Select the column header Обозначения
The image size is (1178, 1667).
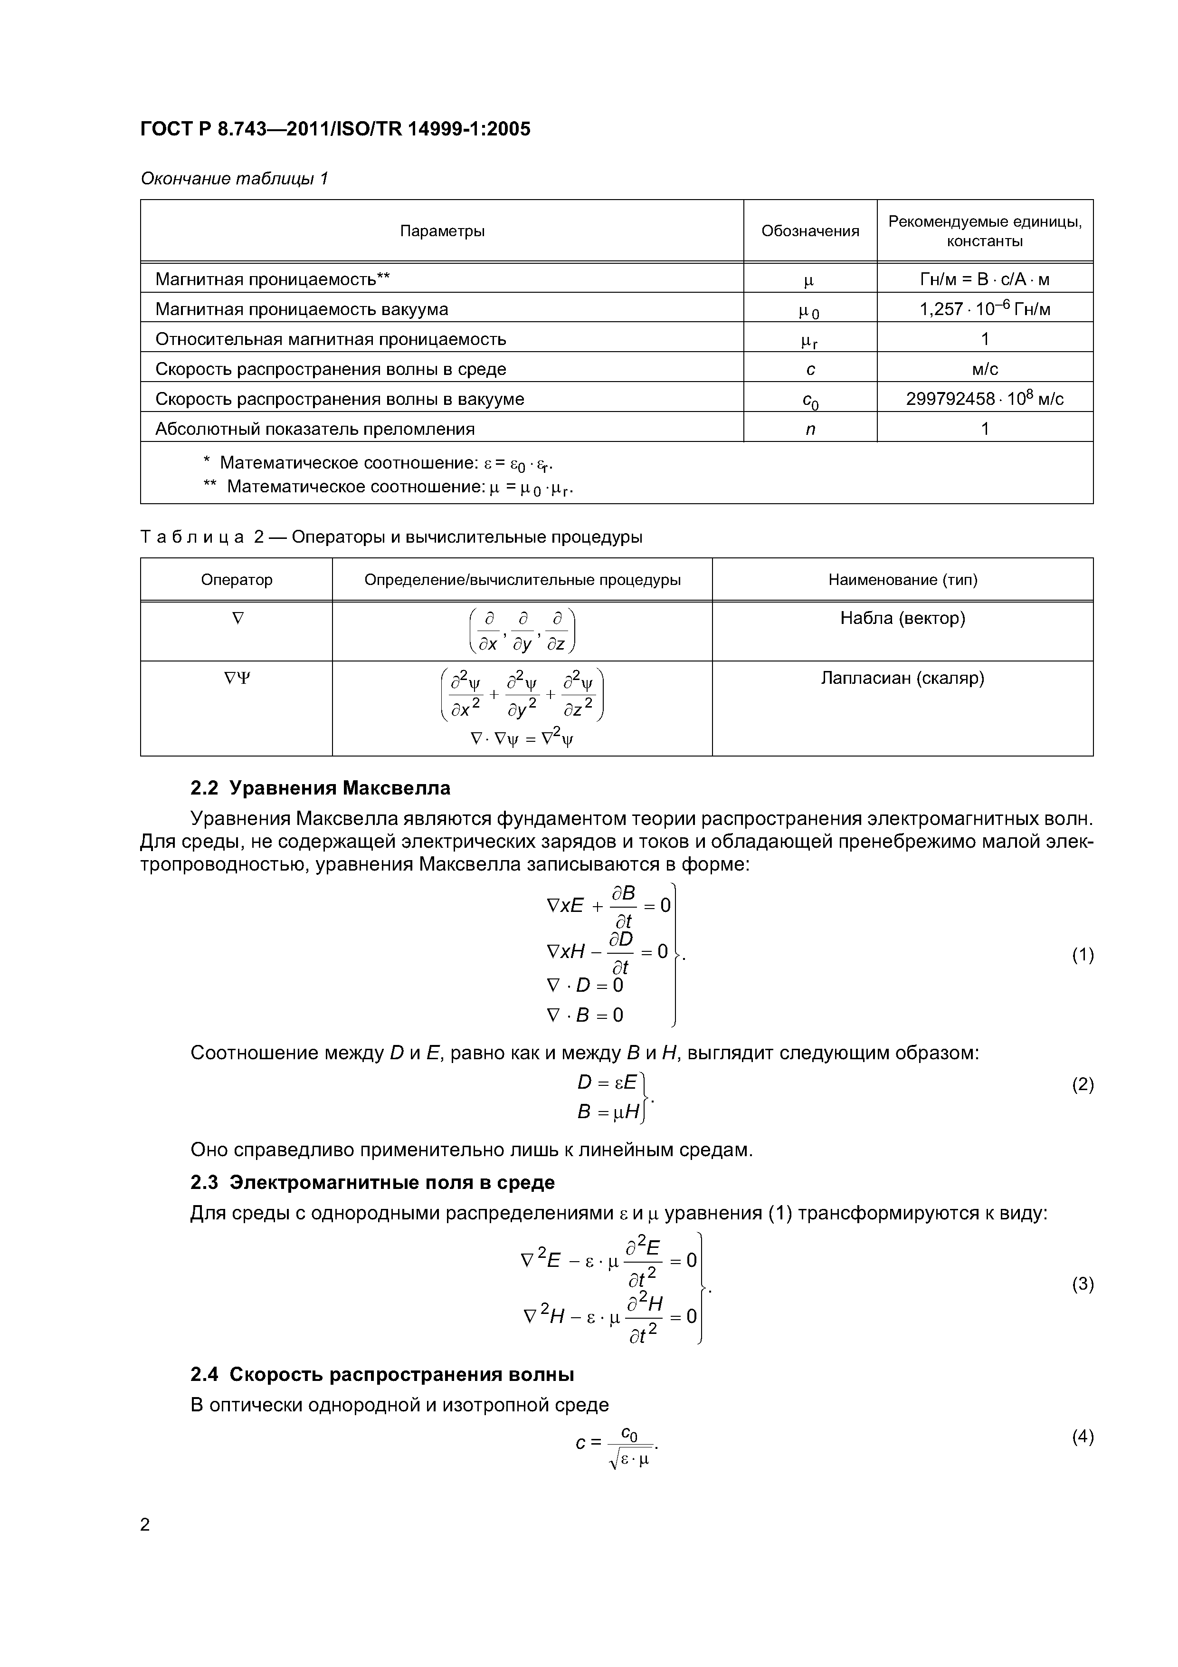(809, 231)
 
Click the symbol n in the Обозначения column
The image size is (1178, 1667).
(810, 429)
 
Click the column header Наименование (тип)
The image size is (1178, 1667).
(902, 579)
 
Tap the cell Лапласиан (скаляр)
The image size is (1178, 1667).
(902, 678)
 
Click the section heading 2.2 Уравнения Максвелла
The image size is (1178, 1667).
(320, 788)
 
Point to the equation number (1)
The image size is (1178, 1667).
(1082, 955)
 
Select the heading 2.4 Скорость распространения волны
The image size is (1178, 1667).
(382, 1374)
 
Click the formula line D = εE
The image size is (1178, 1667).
(607, 1083)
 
